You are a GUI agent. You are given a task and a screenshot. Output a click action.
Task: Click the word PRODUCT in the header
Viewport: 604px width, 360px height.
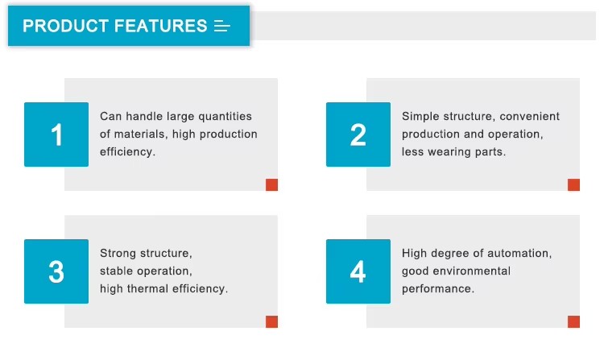pyautogui.click(x=65, y=27)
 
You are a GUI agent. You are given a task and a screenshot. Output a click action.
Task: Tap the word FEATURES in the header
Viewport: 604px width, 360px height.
pyautogui.click(x=160, y=27)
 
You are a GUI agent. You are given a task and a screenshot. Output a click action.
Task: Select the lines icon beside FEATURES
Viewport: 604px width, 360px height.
pyautogui.click(x=222, y=27)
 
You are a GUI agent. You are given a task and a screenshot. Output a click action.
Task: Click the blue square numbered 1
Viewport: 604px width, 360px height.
pyautogui.click(x=56, y=134)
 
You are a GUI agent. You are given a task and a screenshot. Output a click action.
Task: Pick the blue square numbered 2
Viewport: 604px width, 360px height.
pyautogui.click(x=358, y=134)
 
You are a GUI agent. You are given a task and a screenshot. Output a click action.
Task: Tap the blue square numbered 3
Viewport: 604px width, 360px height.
pyautogui.click(x=56, y=271)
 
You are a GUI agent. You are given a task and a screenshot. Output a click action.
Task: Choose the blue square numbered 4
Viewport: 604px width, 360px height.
pyautogui.click(x=358, y=271)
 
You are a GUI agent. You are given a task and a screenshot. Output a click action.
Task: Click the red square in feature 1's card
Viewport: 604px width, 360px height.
pyautogui.click(x=271, y=184)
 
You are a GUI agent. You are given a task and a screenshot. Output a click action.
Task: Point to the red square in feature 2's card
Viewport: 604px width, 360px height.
pyautogui.click(x=573, y=184)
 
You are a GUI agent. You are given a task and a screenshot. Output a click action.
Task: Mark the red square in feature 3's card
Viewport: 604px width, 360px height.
pyautogui.click(x=271, y=322)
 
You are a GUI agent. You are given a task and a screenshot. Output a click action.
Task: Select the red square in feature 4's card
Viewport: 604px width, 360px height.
pyautogui.click(x=573, y=322)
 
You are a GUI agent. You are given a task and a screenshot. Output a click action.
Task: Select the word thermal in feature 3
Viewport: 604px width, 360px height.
pyautogui.click(x=147, y=288)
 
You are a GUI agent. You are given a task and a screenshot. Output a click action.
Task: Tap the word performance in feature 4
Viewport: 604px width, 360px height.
pyautogui.click(x=438, y=289)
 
